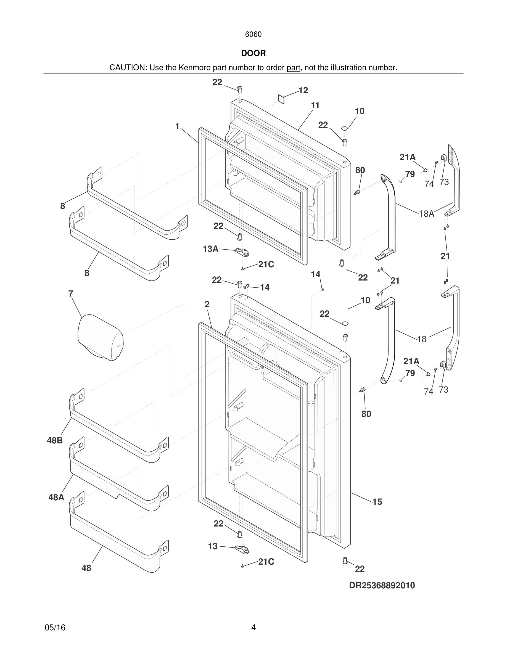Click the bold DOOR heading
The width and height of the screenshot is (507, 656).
pos(253,54)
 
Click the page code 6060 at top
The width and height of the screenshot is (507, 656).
pos(253,35)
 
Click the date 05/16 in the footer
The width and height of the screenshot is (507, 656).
pos(55,628)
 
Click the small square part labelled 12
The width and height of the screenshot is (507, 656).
pos(281,99)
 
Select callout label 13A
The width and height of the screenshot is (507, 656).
pos(210,249)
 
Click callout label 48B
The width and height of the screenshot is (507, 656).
pos(55,441)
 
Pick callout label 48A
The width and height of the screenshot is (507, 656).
pos(56,498)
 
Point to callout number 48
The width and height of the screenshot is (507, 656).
pos(86,568)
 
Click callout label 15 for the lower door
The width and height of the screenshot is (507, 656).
pos(377,502)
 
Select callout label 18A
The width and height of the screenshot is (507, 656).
pos(427,214)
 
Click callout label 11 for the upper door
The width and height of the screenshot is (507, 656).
pos(315,105)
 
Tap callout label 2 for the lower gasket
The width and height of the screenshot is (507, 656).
pos(207,304)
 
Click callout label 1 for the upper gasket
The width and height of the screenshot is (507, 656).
pos(178,126)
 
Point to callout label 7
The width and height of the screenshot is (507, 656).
pos(71,293)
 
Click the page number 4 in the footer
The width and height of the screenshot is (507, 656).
pos(253,628)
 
